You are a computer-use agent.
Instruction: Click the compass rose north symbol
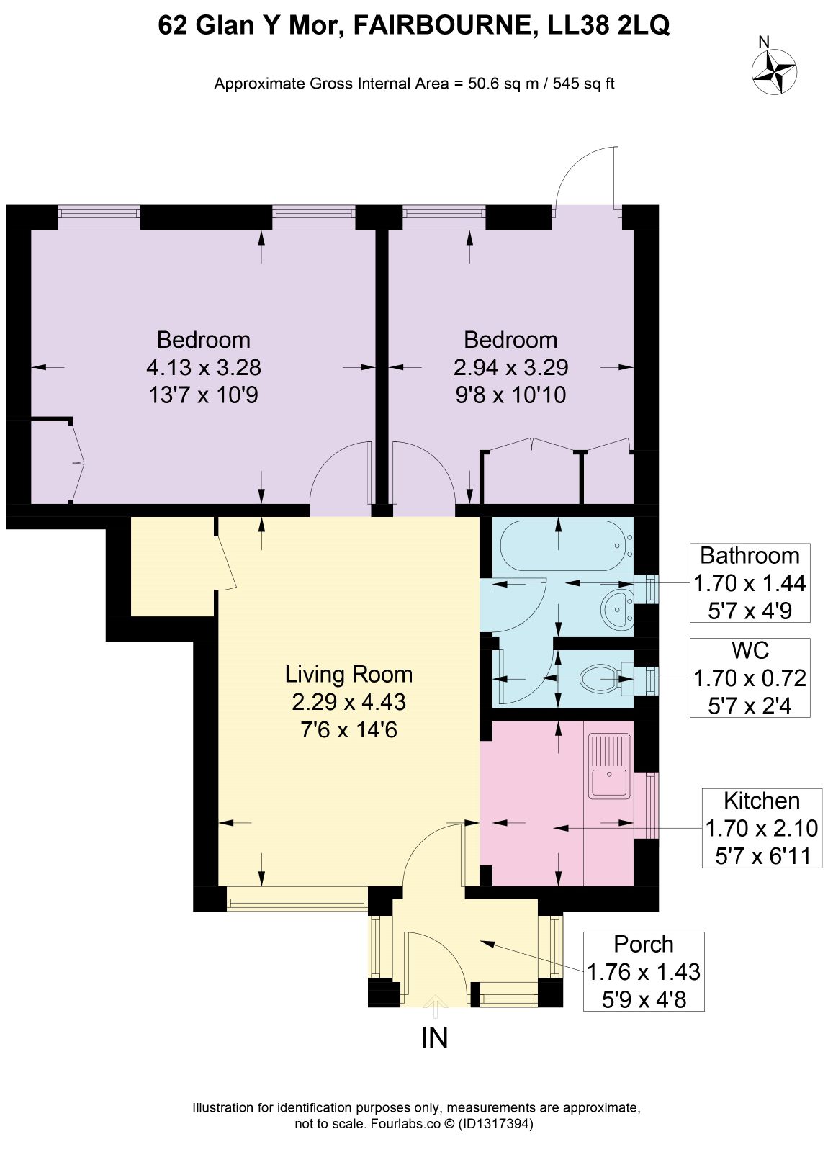(x=773, y=71)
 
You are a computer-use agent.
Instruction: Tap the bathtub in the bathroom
(x=566, y=545)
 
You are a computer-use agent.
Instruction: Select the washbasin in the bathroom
(x=616, y=609)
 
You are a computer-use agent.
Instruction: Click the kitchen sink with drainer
(x=609, y=766)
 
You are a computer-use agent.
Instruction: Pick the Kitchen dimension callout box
(x=762, y=828)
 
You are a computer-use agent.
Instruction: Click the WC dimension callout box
(x=750, y=678)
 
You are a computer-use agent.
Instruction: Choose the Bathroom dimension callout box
(x=750, y=582)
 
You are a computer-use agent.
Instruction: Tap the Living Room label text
(x=348, y=674)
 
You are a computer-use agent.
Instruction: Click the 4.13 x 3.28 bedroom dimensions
(x=204, y=368)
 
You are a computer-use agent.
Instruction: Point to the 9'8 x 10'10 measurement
(x=510, y=395)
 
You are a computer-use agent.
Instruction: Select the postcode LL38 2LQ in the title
(x=608, y=24)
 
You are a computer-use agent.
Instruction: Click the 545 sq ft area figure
(x=584, y=84)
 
